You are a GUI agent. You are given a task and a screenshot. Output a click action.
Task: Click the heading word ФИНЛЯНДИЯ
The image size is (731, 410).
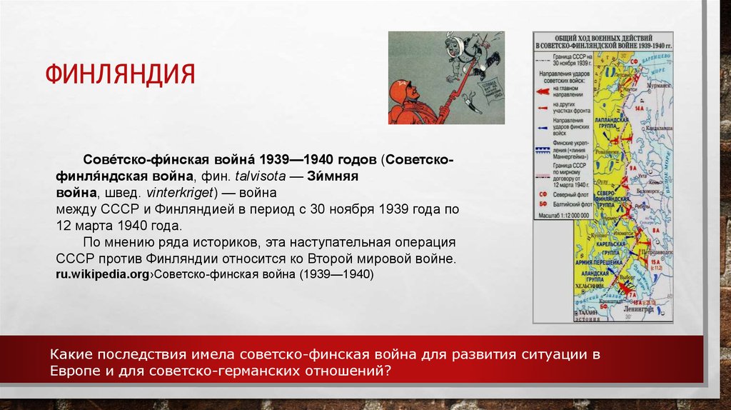(121, 74)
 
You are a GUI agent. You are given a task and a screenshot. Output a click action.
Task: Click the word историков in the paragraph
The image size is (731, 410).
(215, 241)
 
